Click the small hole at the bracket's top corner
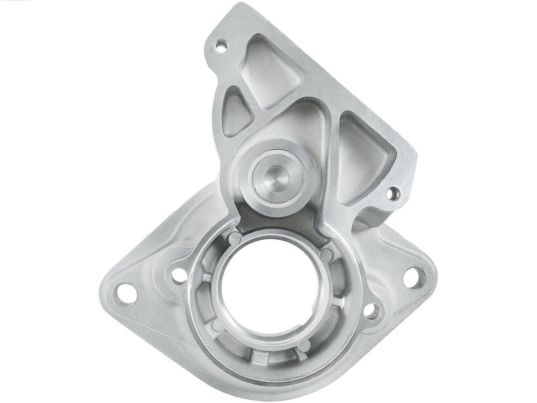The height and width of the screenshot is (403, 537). coord(221,47)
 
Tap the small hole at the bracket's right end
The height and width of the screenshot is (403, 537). coord(393,193)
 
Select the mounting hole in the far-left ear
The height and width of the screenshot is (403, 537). coord(126,294)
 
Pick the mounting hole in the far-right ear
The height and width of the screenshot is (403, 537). coord(413,277)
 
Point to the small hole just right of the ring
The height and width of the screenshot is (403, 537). coord(371,311)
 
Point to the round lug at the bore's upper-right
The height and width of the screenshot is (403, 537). coord(326,255)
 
